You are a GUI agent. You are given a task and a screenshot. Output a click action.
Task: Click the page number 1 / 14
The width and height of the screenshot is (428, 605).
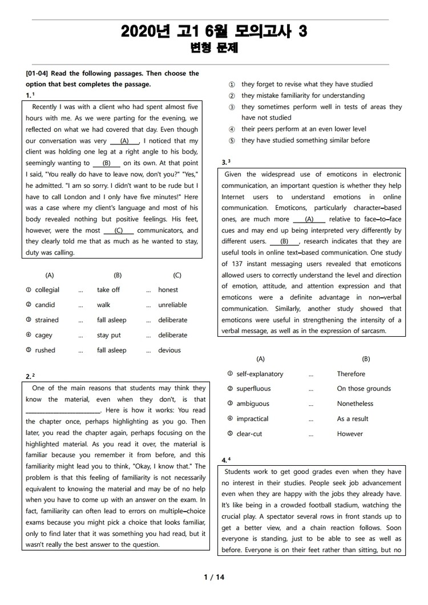214,577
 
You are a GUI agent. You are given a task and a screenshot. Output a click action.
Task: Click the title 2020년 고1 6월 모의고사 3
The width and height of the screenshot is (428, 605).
214,32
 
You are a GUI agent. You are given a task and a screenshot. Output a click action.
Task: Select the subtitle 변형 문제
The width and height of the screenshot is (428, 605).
214,49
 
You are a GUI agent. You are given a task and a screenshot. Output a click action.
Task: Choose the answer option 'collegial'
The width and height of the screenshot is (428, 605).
47,290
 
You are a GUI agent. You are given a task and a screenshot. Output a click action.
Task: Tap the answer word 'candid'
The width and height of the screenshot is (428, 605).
45,305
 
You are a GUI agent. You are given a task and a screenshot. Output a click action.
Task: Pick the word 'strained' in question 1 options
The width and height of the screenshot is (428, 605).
47,320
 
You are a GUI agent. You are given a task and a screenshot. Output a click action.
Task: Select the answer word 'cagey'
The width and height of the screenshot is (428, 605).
44,335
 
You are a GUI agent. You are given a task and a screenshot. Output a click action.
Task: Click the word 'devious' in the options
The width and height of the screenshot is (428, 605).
169,350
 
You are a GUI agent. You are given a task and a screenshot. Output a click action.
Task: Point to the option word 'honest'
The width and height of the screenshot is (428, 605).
168,290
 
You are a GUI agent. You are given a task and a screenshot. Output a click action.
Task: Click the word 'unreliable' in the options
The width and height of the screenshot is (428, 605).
173,305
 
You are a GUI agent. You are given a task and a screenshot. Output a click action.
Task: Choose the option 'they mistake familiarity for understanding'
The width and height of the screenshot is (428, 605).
302,95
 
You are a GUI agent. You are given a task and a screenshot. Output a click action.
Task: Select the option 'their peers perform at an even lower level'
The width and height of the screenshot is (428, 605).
304,129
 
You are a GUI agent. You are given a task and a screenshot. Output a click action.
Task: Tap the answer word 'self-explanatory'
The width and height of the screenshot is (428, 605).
260,374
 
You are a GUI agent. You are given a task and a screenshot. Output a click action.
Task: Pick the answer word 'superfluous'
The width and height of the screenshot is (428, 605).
253,389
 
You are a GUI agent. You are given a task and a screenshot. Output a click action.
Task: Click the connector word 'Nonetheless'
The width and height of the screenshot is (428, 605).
355,404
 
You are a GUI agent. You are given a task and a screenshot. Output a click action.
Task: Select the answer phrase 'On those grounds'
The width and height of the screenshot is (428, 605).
364,389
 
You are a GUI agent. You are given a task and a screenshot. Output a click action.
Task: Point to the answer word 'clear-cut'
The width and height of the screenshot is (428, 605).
249,434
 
